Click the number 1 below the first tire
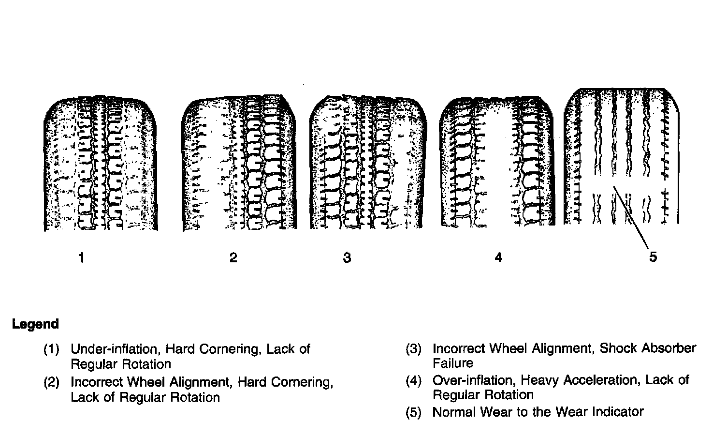82,258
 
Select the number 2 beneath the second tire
233,257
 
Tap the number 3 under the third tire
347,257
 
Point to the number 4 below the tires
498,257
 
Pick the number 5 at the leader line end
653,257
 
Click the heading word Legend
35,324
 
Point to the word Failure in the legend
453,363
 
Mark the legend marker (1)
51,349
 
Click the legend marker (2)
51,382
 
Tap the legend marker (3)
413,349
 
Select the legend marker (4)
413,381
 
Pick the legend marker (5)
413,412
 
